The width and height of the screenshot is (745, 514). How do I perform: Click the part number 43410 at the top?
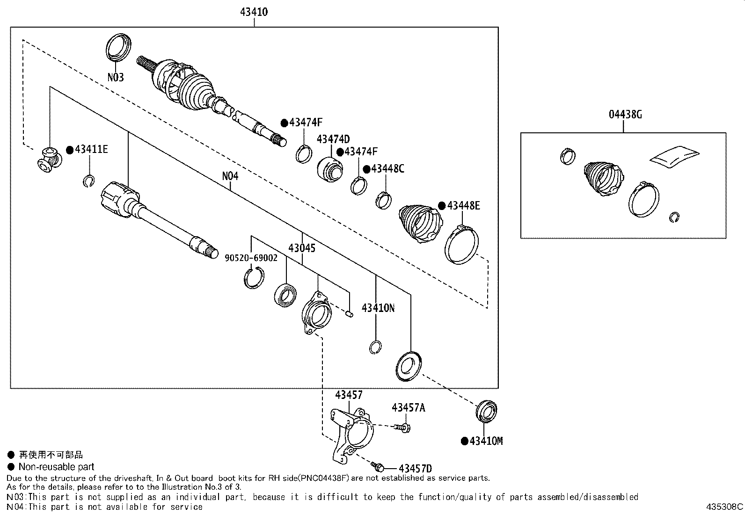click(x=254, y=12)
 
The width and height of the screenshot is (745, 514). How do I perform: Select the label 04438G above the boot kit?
click(x=625, y=115)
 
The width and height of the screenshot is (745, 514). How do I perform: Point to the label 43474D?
click(x=333, y=139)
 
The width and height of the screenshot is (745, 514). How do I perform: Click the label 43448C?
click(x=387, y=169)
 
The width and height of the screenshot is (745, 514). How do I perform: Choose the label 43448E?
click(x=463, y=206)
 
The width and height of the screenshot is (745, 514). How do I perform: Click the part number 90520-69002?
click(x=251, y=258)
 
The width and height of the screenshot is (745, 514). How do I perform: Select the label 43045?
click(x=302, y=248)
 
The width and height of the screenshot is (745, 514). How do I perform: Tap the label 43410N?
click(x=378, y=308)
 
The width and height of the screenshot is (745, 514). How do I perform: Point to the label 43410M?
click(x=486, y=441)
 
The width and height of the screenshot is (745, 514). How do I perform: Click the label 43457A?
click(x=408, y=408)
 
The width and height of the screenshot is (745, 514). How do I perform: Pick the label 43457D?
click(x=415, y=469)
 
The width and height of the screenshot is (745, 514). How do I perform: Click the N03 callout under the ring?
click(x=116, y=78)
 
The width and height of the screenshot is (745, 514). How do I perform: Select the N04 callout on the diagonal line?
click(x=230, y=176)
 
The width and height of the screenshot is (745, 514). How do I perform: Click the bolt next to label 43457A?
click(x=402, y=427)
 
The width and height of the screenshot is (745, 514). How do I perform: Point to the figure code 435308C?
click(x=724, y=507)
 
